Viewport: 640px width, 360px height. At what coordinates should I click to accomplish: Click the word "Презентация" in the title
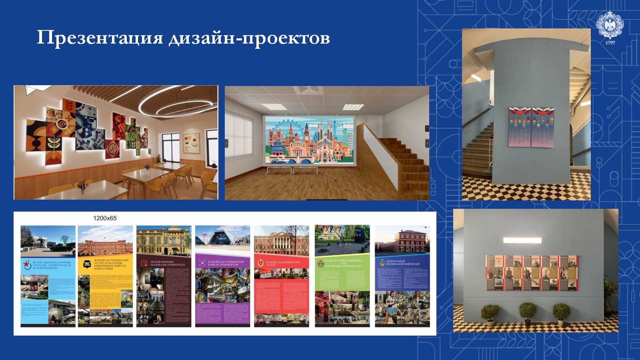(x=100, y=38)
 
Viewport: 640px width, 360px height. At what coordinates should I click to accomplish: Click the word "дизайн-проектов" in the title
(x=249, y=38)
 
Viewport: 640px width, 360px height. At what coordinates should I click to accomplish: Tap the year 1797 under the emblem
(x=610, y=43)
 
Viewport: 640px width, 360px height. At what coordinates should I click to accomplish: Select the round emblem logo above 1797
(x=610, y=25)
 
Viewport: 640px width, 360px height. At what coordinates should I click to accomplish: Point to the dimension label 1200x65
(x=105, y=218)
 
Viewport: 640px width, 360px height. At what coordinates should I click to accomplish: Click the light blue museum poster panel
(x=48, y=276)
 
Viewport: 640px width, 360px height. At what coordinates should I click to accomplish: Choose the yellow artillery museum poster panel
(x=105, y=276)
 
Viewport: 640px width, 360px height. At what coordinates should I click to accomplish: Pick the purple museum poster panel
(x=222, y=276)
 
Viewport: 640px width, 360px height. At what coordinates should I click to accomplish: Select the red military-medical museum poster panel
(x=282, y=276)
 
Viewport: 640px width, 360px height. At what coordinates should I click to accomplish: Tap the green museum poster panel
(x=342, y=276)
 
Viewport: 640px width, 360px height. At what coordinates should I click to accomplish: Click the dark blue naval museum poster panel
(x=402, y=276)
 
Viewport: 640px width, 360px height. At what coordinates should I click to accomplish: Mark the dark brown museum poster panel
(x=164, y=276)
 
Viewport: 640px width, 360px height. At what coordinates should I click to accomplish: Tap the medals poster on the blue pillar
(x=531, y=127)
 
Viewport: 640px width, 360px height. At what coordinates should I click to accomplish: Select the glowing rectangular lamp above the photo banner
(x=522, y=240)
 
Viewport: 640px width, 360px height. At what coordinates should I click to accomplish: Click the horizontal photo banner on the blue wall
(x=532, y=273)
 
